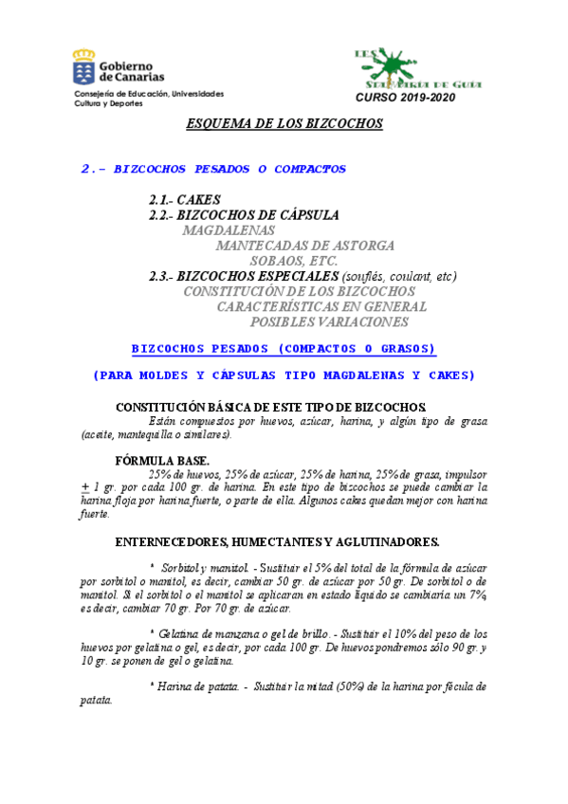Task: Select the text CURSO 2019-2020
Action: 404,98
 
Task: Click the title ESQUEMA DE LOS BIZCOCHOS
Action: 283,123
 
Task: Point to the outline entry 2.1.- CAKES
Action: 185,200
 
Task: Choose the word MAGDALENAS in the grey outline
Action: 229,230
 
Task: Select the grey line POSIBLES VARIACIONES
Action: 322,321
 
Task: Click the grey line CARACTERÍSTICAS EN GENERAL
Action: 321,306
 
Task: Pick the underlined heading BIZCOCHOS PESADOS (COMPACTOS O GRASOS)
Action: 283,348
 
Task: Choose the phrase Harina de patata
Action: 191,685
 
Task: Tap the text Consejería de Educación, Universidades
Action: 150,94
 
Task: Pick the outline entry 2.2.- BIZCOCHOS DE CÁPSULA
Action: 244,215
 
